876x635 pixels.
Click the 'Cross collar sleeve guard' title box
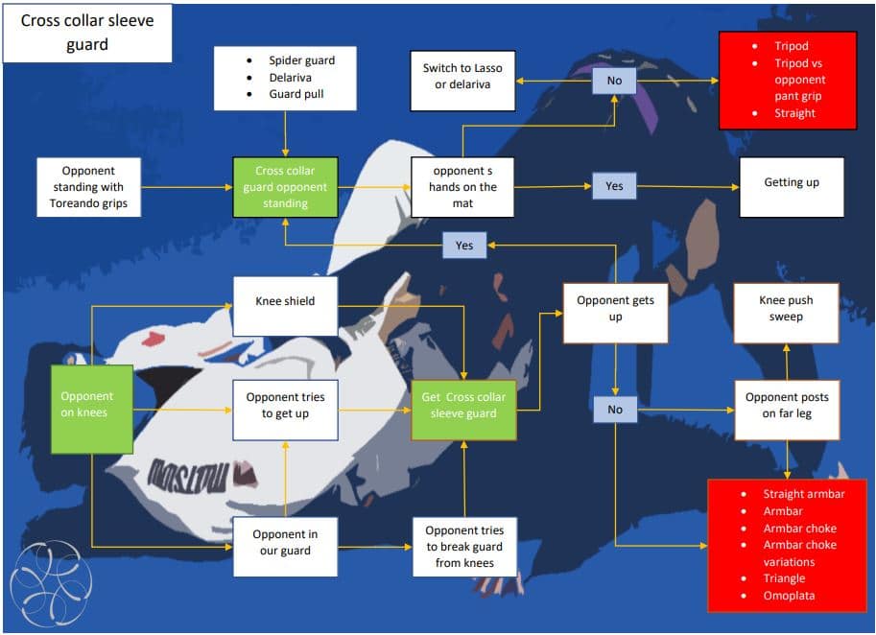point(87,33)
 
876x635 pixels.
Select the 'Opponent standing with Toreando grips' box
point(87,187)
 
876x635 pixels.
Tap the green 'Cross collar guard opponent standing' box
point(285,187)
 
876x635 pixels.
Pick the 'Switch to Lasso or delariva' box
point(462,77)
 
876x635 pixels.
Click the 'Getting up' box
point(792,182)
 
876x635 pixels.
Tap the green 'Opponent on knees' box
point(91,405)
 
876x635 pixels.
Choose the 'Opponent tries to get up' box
point(285,406)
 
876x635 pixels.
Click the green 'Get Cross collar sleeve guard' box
point(463,406)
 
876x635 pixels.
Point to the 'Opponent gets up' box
point(615,309)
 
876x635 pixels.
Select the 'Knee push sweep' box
point(786,309)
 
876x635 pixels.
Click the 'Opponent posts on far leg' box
point(787,406)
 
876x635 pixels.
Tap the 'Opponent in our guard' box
point(285,543)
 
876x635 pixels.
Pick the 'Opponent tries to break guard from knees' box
point(463,546)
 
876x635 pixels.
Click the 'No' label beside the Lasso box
point(614,82)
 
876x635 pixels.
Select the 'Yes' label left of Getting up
point(614,186)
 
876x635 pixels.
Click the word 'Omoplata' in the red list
point(789,596)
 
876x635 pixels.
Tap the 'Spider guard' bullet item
point(301,59)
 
